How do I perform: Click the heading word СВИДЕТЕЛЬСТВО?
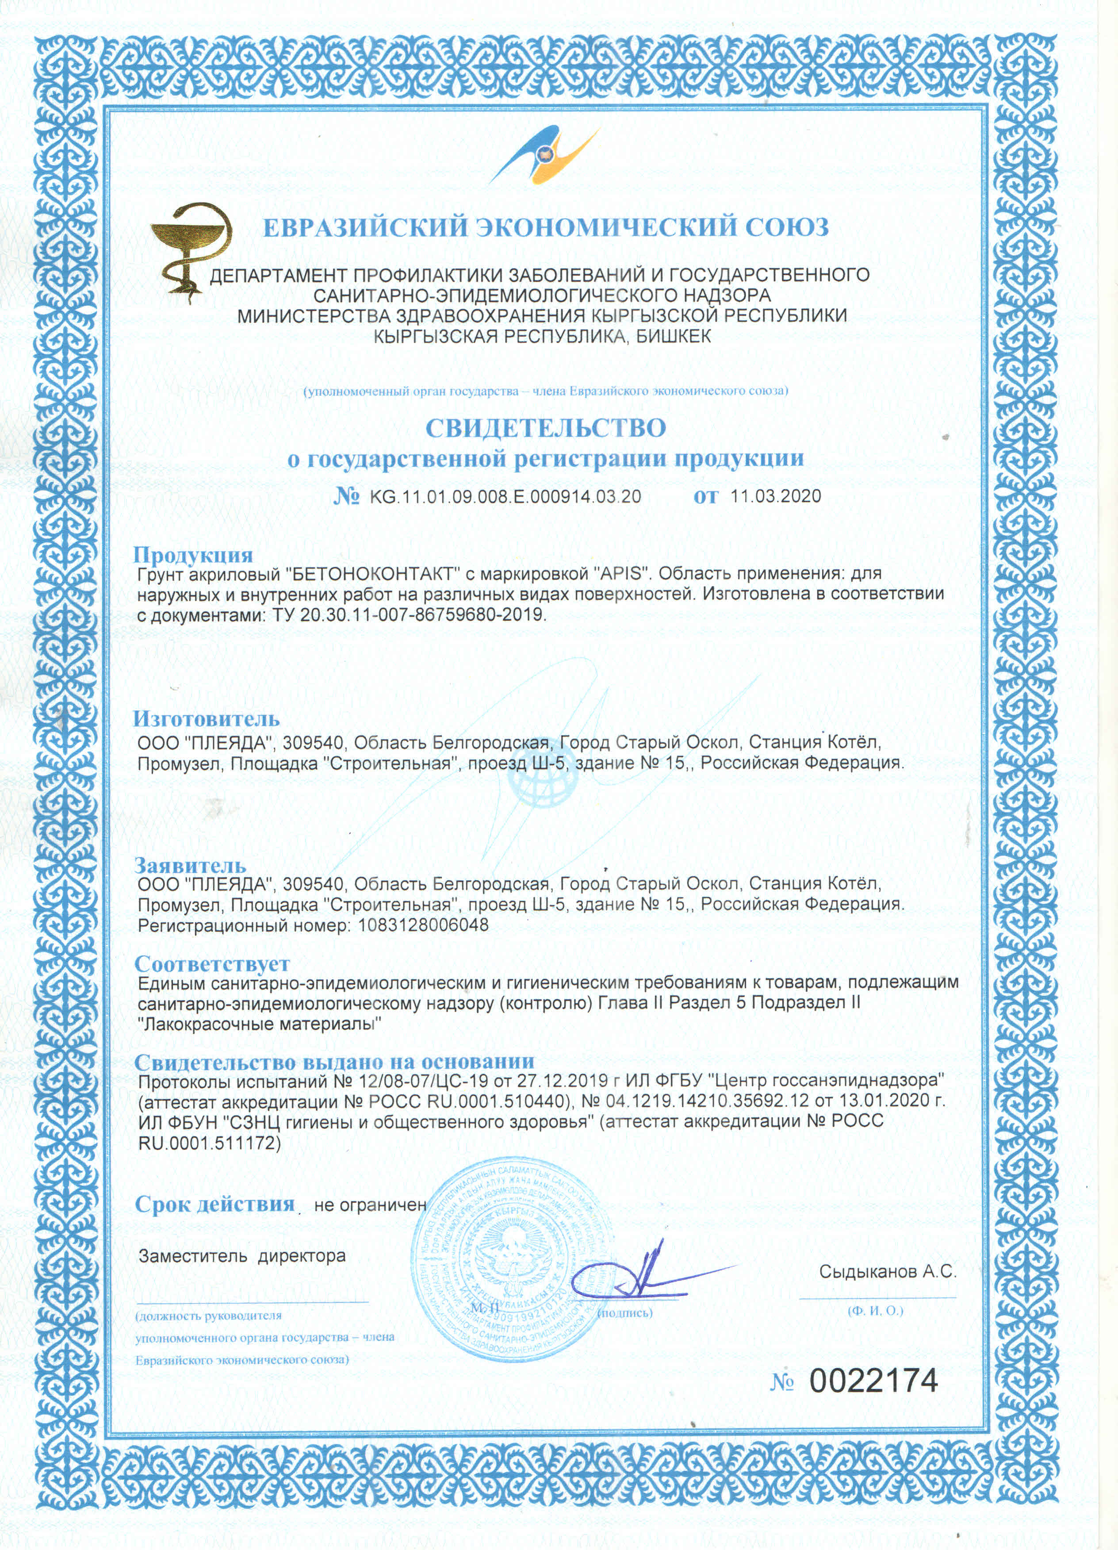point(545,429)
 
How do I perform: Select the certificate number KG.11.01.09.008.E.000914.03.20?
point(505,497)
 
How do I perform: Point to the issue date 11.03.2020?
point(776,496)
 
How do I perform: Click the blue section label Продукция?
point(193,555)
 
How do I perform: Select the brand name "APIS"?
point(622,573)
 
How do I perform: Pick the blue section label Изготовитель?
point(207,719)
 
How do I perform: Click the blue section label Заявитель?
point(190,866)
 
